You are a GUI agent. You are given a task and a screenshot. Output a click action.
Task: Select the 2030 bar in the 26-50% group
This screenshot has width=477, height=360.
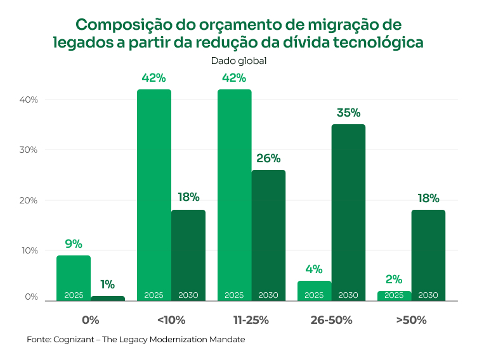tap(348, 209)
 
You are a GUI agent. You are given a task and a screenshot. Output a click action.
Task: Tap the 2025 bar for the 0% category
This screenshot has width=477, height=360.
tap(74, 276)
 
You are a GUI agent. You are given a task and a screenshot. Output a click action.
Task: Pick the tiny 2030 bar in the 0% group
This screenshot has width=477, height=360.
tap(108, 298)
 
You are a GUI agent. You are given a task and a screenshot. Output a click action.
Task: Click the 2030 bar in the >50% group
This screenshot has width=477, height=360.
tap(428, 254)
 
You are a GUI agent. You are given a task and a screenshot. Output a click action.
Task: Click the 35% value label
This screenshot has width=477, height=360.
tap(348, 113)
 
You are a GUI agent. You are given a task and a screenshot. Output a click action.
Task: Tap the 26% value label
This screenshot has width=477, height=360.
tap(268, 158)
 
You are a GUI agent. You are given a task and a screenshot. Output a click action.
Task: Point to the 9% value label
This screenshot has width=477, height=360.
tap(74, 244)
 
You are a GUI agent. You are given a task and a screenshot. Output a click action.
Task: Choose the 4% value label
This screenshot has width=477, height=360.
tap(314, 269)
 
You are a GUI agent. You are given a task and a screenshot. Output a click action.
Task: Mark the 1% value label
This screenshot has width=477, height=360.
tap(107, 285)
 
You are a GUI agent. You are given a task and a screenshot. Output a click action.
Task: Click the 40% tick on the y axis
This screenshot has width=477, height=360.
tap(29, 100)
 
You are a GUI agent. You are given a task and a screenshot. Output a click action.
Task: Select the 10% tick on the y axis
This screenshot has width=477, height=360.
tap(29, 250)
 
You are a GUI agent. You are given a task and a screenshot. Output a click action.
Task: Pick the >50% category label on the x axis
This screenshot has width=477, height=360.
tap(411, 320)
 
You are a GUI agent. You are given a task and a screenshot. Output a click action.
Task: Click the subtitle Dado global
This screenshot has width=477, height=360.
tap(238, 61)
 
